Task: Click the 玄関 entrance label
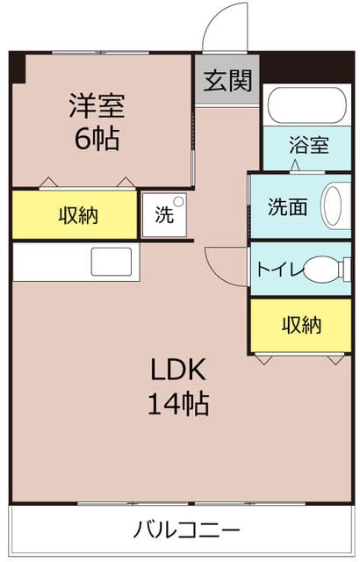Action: coord(228,82)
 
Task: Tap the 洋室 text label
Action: coord(97,107)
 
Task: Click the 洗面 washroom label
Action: coord(287,208)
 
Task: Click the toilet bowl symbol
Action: coord(325,270)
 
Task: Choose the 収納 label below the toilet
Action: coord(301,325)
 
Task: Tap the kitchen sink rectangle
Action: coord(112,262)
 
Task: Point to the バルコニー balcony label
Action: coord(187,531)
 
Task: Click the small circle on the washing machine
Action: coord(179,203)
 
